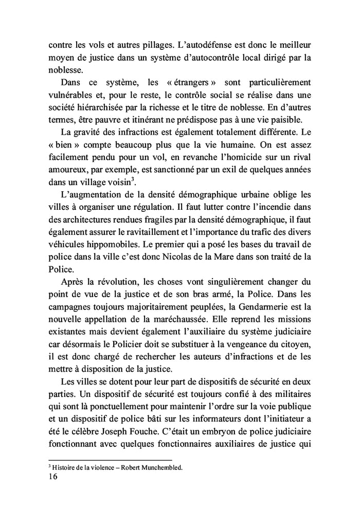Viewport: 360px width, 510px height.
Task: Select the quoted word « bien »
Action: [64, 151]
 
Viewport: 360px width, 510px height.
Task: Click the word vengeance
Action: [243, 351]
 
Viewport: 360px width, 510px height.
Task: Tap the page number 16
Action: [53, 477]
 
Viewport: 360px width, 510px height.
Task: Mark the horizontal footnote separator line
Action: [110, 460]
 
